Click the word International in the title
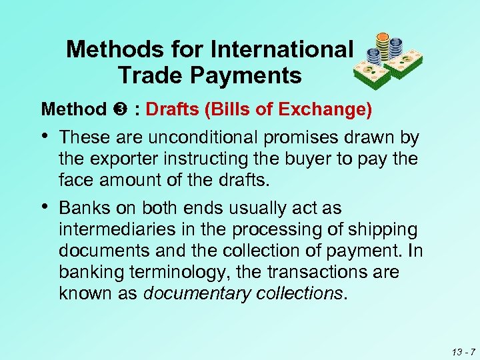[281, 49]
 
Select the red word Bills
[226, 108]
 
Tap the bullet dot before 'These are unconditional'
[46, 137]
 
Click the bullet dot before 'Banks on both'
[46, 208]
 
